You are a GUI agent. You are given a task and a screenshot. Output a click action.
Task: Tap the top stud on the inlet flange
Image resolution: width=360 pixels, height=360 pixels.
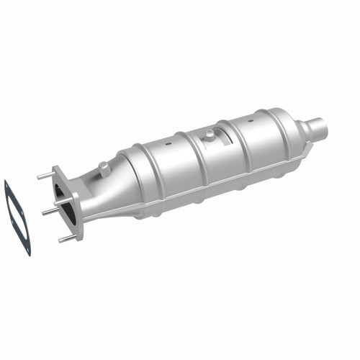[45, 174]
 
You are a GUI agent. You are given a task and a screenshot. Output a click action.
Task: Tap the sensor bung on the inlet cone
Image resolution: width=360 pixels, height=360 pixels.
[105, 168]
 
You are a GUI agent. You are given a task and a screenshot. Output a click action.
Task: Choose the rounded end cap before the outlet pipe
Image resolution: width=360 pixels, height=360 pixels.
[291, 133]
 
